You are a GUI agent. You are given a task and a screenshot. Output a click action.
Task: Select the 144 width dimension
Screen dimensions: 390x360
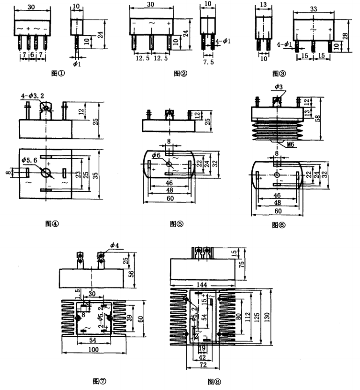[202, 283]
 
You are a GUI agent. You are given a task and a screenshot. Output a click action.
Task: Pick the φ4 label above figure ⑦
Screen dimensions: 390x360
[115, 244]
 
